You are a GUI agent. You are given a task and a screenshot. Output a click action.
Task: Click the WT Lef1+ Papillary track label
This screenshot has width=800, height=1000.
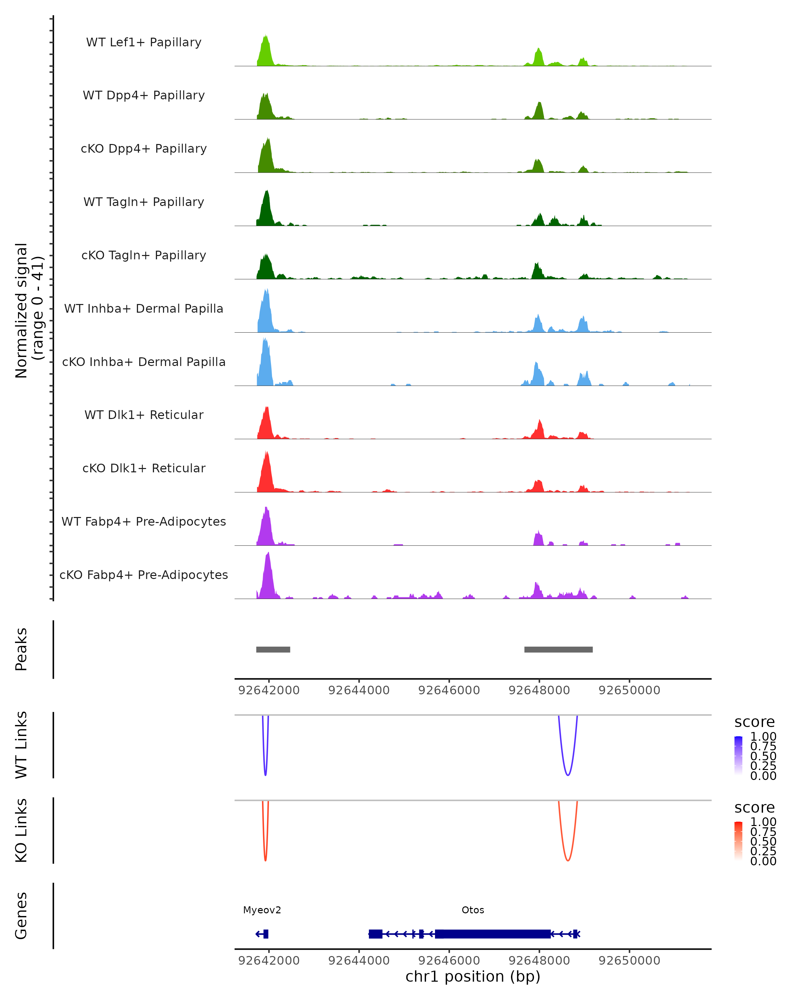click(x=144, y=42)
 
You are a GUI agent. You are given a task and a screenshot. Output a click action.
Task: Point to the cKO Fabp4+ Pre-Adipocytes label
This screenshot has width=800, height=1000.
click(x=144, y=575)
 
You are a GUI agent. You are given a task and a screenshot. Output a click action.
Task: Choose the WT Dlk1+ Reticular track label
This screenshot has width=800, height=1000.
click(x=144, y=415)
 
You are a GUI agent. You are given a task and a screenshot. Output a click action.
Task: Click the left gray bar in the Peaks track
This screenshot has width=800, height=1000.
click(x=273, y=649)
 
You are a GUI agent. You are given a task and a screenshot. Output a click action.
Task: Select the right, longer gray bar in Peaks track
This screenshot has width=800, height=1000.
click(x=558, y=649)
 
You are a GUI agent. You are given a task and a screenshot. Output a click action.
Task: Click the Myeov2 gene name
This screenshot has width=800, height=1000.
click(x=262, y=910)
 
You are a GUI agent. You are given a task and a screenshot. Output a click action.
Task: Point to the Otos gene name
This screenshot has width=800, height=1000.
click(x=473, y=910)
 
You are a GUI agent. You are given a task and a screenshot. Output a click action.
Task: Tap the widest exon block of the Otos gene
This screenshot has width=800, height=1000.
click(x=493, y=934)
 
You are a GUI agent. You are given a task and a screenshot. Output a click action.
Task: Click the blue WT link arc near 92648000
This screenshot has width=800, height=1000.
click(x=568, y=775)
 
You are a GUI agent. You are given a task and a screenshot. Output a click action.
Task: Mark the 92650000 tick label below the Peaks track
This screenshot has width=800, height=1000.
click(x=629, y=690)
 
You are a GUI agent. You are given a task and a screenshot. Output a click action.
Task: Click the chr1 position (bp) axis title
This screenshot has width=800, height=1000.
click(x=473, y=976)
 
